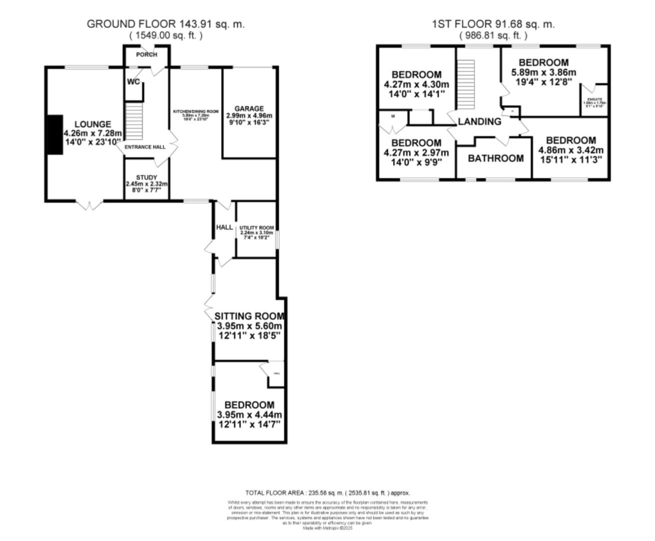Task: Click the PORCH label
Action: click(147, 55)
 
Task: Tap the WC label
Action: click(133, 82)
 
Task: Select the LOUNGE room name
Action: click(93, 124)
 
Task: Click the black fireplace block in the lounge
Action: click(55, 134)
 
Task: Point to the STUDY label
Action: click(147, 177)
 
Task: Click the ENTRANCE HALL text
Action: click(145, 147)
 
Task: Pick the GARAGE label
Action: click(249, 109)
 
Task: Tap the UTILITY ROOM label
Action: click(256, 228)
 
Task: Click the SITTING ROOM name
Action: click(249, 316)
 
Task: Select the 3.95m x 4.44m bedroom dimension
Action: click(249, 415)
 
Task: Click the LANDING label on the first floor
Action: click(479, 121)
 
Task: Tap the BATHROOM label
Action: click(496, 158)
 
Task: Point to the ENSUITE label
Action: click(594, 100)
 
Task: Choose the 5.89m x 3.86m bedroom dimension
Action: click(543, 72)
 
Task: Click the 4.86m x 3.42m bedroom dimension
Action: click(570, 150)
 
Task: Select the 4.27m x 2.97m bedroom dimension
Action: click(416, 153)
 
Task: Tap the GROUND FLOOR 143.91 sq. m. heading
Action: click(166, 24)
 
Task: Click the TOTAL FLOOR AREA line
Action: click(327, 493)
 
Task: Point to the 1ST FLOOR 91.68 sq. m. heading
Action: click(493, 24)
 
